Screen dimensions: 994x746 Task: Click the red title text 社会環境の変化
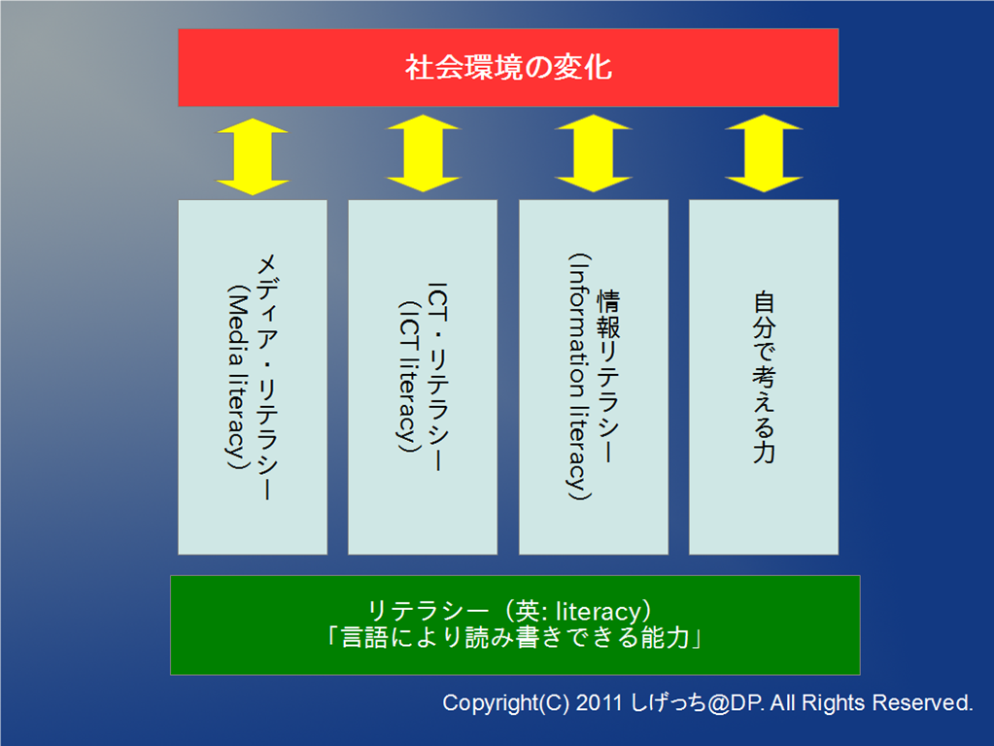click(508, 68)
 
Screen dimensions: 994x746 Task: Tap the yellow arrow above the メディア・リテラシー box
click(253, 156)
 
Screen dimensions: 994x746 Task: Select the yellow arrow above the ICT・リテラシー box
click(423, 153)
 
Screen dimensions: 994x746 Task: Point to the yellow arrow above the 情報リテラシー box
click(594, 153)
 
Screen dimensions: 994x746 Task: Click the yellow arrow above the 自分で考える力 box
click(764, 153)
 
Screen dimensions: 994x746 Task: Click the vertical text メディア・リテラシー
click(267, 378)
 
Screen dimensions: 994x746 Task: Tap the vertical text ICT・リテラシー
click(438, 378)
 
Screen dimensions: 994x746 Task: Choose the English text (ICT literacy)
click(408, 378)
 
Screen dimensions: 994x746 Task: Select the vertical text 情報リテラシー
click(608, 378)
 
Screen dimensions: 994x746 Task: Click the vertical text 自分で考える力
click(764, 378)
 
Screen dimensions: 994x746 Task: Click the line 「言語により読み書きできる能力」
click(515, 637)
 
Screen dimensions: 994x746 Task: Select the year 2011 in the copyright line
click(600, 703)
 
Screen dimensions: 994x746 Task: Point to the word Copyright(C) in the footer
click(506, 703)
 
